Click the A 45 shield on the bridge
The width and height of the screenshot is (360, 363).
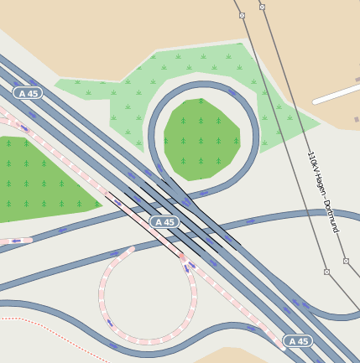[164, 222]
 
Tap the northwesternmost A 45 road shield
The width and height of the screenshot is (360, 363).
[28, 92]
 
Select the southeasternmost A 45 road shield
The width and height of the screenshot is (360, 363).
[299, 341]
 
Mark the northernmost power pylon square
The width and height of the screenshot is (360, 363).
[262, 7]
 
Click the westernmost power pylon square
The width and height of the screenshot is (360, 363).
[242, 16]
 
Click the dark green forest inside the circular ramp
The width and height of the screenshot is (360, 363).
[199, 138]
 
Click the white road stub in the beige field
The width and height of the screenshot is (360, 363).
[336, 95]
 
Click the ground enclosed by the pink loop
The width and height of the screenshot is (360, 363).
[147, 293]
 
